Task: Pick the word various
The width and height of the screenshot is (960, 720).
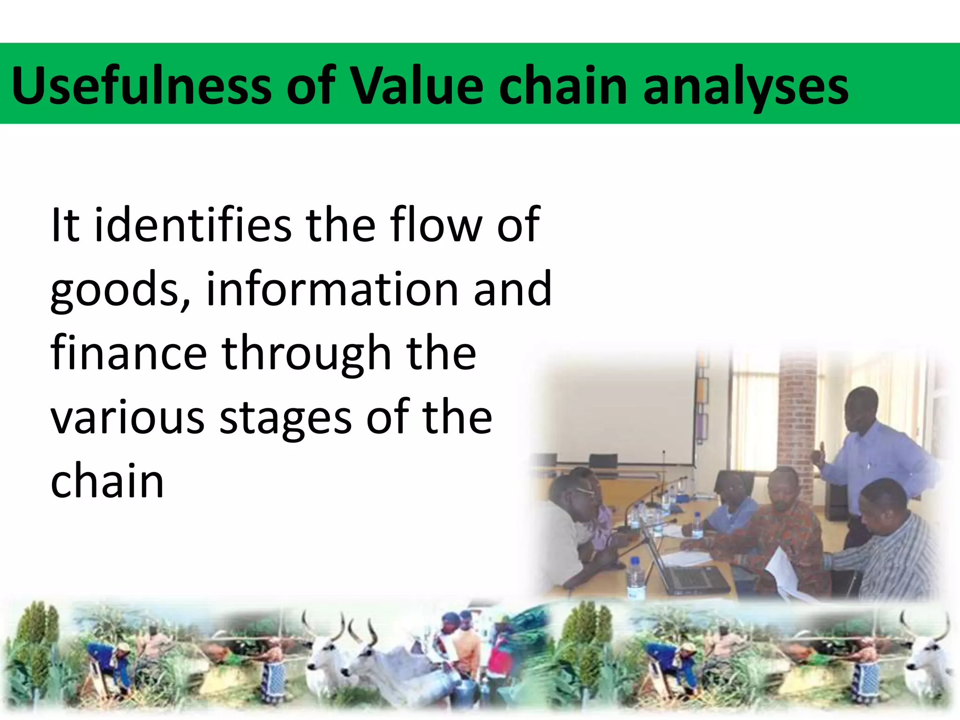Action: click(127, 417)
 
